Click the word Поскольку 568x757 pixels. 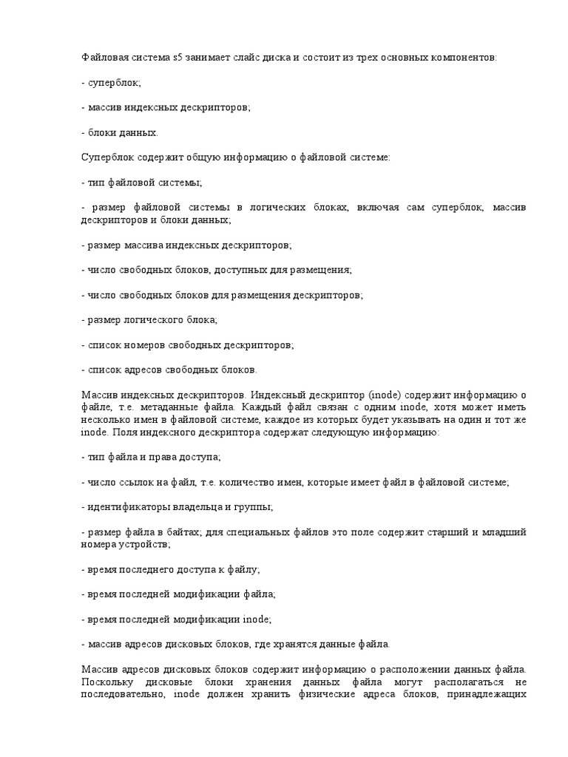[106, 682]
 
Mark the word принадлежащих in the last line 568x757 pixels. [486, 695]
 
